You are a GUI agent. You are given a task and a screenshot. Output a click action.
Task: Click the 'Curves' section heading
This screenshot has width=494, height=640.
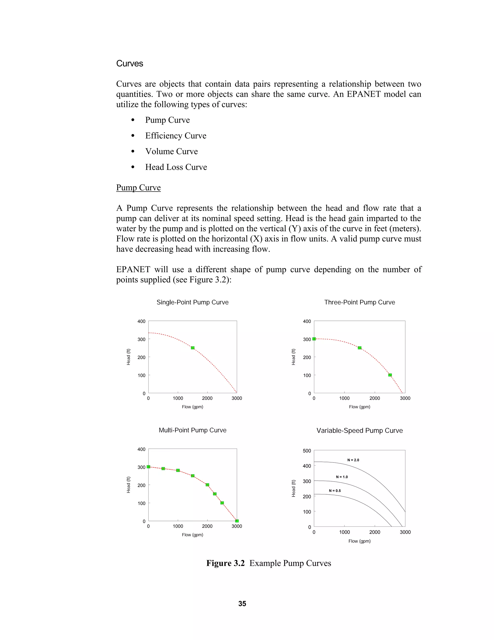[x=129, y=64]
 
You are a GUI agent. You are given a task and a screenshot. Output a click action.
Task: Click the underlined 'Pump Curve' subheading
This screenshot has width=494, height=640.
[x=138, y=188]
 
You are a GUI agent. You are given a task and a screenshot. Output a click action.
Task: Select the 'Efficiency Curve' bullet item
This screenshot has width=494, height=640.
[x=176, y=136]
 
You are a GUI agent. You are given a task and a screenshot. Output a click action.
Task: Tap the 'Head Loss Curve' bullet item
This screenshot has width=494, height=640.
[x=176, y=167]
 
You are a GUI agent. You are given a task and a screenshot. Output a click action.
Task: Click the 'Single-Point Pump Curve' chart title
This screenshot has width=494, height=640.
[x=192, y=302]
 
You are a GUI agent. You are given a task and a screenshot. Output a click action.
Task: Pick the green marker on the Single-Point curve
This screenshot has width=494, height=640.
[x=192, y=348]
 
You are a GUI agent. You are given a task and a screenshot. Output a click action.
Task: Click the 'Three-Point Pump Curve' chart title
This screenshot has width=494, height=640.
[x=359, y=302]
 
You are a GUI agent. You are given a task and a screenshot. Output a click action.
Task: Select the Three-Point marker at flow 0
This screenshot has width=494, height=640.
[x=314, y=339]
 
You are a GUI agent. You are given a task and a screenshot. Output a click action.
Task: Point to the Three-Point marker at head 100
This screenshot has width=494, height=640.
[x=390, y=375]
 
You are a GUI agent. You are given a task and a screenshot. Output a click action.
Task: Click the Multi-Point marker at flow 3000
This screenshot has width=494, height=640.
[x=237, y=521]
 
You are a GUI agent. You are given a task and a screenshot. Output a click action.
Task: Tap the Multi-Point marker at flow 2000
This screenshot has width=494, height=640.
[x=207, y=485]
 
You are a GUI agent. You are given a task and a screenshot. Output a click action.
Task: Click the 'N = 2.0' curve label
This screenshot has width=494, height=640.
[x=353, y=460]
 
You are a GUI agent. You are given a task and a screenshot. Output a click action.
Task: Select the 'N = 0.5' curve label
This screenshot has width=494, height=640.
[x=335, y=491]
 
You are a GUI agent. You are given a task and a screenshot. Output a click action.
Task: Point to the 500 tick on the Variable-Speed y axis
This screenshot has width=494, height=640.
[x=307, y=451]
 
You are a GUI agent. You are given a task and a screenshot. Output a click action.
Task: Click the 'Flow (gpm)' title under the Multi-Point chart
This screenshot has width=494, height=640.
[x=192, y=535]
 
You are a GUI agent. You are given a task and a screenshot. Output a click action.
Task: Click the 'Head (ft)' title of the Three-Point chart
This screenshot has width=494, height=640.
[x=294, y=357]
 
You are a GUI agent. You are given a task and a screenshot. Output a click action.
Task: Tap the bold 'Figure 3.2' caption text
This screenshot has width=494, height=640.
[x=225, y=563]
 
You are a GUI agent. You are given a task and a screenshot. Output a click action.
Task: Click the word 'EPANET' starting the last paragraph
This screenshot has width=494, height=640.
[x=133, y=270]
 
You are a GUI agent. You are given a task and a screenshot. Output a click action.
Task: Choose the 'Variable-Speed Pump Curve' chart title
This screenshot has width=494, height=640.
[x=359, y=430]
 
